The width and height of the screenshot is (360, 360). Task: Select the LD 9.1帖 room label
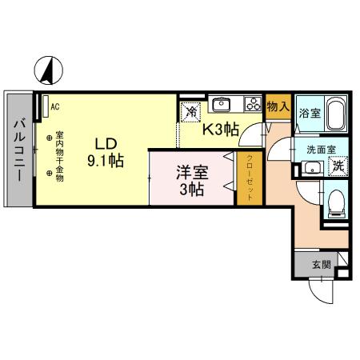[x=105, y=152]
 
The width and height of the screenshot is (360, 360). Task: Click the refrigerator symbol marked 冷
[x=190, y=112]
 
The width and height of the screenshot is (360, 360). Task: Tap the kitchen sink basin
[x=222, y=104]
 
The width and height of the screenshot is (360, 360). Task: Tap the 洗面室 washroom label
[x=320, y=150]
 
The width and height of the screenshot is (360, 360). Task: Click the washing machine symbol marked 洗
[x=338, y=167]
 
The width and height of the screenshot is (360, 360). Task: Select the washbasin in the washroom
[x=310, y=168]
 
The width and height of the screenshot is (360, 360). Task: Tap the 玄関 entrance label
[x=320, y=263]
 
